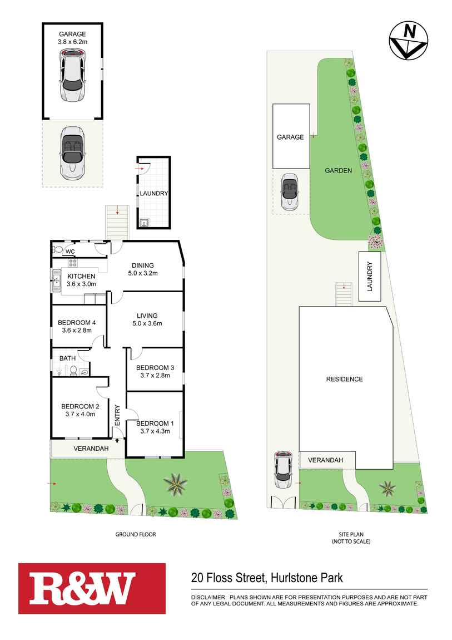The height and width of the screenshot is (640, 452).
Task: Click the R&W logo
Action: click(x=92, y=588)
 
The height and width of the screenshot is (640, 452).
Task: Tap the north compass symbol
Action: click(x=409, y=40)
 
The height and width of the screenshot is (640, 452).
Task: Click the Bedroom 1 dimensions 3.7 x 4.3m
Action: click(x=155, y=431)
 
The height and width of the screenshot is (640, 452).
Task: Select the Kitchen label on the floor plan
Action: click(x=81, y=276)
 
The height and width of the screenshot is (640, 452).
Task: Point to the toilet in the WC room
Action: click(x=57, y=250)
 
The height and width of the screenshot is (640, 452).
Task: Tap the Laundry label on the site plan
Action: click(x=369, y=277)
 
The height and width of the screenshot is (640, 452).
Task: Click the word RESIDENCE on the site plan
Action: click(x=344, y=379)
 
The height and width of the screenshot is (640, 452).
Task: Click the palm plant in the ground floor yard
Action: click(x=176, y=484)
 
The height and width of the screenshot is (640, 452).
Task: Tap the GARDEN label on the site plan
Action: click(x=338, y=170)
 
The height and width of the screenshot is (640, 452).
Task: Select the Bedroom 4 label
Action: click(x=77, y=322)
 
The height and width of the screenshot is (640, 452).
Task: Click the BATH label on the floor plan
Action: click(x=67, y=358)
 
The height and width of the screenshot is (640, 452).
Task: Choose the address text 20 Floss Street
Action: click(x=227, y=578)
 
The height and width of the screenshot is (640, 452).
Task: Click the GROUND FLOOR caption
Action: click(x=135, y=534)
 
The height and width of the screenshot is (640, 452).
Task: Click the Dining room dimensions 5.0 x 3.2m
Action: click(x=142, y=273)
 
